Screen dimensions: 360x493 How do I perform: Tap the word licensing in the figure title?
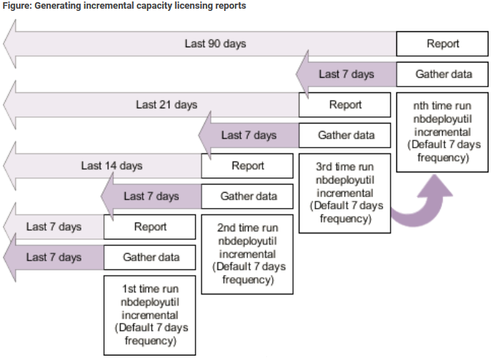pos(191,7)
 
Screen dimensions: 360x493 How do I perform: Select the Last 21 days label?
pos(167,105)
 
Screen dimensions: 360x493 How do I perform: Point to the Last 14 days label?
pos(112,166)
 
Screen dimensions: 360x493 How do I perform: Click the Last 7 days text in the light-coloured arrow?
pos(54,227)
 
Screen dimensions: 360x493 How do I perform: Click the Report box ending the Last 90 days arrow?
pos(442,44)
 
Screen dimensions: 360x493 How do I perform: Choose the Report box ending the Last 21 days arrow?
pos(345,105)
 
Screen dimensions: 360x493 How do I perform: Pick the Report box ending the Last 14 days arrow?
pos(248,166)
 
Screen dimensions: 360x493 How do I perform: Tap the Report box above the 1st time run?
pos(151,227)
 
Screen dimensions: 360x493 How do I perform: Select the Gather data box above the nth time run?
pos(442,74)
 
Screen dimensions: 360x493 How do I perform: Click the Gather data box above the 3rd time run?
pos(345,135)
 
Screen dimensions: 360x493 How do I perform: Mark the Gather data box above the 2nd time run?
pos(248,196)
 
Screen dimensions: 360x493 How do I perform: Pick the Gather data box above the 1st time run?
pos(151,257)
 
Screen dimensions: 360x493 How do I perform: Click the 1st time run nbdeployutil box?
pos(151,315)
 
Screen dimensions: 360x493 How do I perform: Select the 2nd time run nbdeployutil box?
pos(248,253)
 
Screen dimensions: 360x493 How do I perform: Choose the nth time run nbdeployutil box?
pos(442,131)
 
